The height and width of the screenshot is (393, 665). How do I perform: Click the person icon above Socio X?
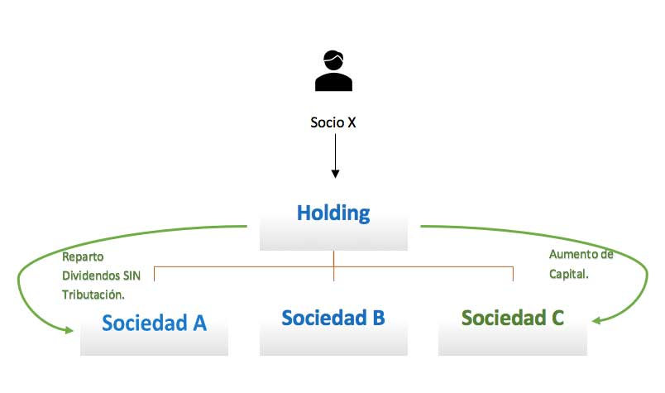tap(333, 70)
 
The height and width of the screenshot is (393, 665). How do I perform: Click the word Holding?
tap(333, 213)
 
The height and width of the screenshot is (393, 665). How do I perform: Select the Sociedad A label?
tap(154, 323)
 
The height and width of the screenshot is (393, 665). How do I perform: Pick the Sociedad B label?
tap(333, 318)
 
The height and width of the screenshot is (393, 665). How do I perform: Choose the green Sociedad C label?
tap(513, 318)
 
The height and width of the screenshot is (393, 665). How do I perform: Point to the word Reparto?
tap(84, 256)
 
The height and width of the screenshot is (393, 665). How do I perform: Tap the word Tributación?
tap(98, 294)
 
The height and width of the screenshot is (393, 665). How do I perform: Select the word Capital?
tap(567, 275)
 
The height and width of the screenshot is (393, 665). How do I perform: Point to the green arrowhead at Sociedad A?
tap(70, 331)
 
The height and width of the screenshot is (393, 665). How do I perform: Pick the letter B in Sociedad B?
tap(378, 318)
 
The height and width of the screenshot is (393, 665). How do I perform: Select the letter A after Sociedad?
tap(199, 323)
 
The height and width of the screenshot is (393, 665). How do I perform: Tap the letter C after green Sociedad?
tap(557, 318)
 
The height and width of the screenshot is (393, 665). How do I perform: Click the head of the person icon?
tap(333, 60)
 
